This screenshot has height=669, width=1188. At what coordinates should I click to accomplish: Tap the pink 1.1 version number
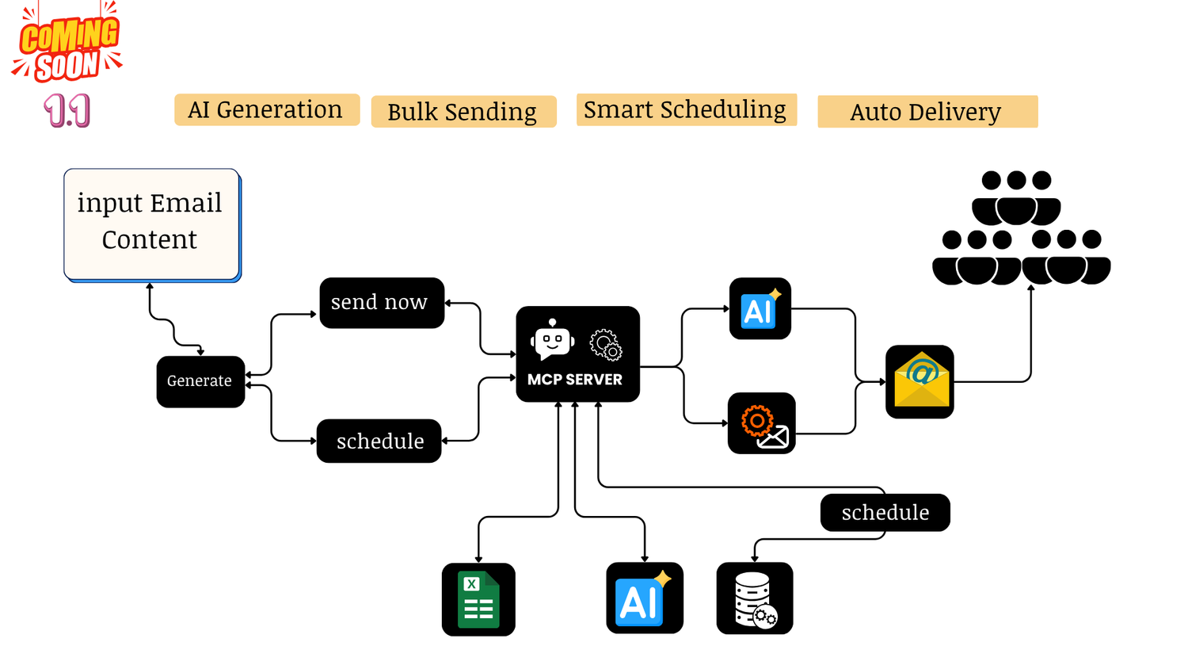pos(67,110)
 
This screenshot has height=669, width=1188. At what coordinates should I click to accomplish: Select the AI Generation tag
pos(266,109)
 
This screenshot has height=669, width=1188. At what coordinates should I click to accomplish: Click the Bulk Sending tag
pos(463,112)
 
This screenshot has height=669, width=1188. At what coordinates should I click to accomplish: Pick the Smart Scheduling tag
pos(685,109)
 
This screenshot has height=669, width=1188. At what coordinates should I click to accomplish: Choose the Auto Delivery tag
pos(926,112)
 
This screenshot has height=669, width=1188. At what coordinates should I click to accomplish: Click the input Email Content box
pos(150,223)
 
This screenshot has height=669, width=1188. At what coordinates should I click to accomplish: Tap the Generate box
pos(200,381)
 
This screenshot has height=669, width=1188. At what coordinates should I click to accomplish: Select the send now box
pos(381,302)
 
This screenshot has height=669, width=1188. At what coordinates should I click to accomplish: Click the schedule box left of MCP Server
pos(379,441)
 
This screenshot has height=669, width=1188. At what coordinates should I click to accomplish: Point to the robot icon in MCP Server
pos(552,340)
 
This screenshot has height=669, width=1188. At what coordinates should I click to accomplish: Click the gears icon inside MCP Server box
pos(605,344)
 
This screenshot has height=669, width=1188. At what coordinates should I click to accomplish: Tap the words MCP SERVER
pos(575,380)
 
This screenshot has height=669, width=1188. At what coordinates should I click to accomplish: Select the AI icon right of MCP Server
pos(760,308)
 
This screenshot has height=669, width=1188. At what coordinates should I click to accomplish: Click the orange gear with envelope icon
pos(761,423)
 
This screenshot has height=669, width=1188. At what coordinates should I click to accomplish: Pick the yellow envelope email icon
pos(920,381)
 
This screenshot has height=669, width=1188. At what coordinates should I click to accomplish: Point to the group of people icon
pos(1021,228)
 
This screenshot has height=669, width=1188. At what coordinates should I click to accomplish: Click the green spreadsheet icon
pos(478,599)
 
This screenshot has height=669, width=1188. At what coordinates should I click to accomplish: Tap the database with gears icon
pos(754,598)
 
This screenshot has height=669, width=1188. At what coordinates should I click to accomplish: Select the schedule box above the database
pos(885,512)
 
